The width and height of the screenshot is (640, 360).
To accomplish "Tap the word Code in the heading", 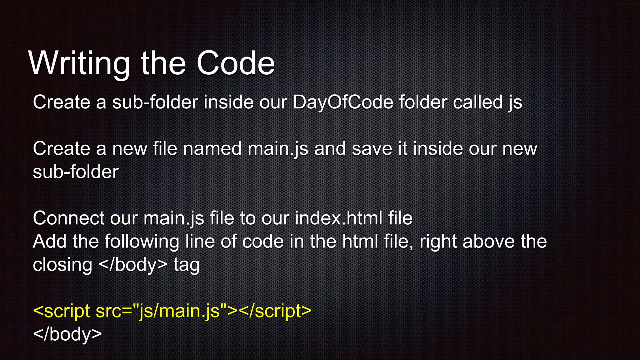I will click(x=236, y=63).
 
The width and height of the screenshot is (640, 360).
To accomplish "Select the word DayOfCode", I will click(x=343, y=102).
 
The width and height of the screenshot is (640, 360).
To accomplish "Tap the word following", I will click(x=142, y=242).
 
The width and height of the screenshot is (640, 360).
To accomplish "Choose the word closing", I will click(x=62, y=265).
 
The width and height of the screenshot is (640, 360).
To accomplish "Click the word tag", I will click(x=187, y=265).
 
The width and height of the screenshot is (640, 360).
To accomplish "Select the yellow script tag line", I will click(x=172, y=311).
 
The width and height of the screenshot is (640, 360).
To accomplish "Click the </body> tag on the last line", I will click(x=67, y=334).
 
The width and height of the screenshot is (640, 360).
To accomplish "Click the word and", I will click(x=330, y=148).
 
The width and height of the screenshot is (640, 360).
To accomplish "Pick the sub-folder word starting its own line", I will click(x=76, y=172).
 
